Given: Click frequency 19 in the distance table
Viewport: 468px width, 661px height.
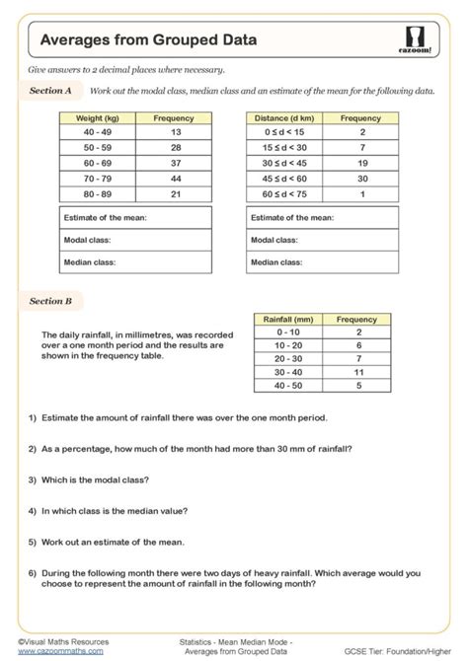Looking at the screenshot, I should (360, 164).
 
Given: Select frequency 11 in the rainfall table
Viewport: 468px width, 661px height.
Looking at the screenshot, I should (356, 372).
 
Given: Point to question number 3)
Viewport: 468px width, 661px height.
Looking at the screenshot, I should (34, 479).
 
